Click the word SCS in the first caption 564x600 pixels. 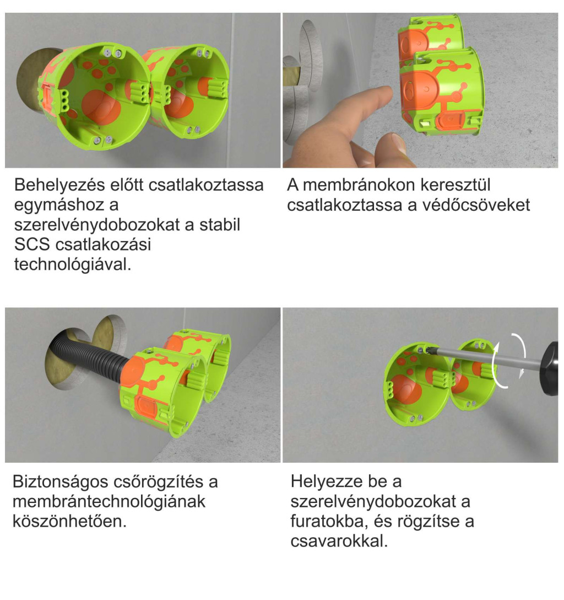pos(32,244)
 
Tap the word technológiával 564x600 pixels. pos(73,264)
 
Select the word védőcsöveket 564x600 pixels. pos(476,205)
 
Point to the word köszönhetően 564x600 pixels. pos(69,521)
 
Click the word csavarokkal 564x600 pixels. pos(339,541)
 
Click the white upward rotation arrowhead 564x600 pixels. pos(497,346)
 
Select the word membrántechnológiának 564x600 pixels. pos(109,501)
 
